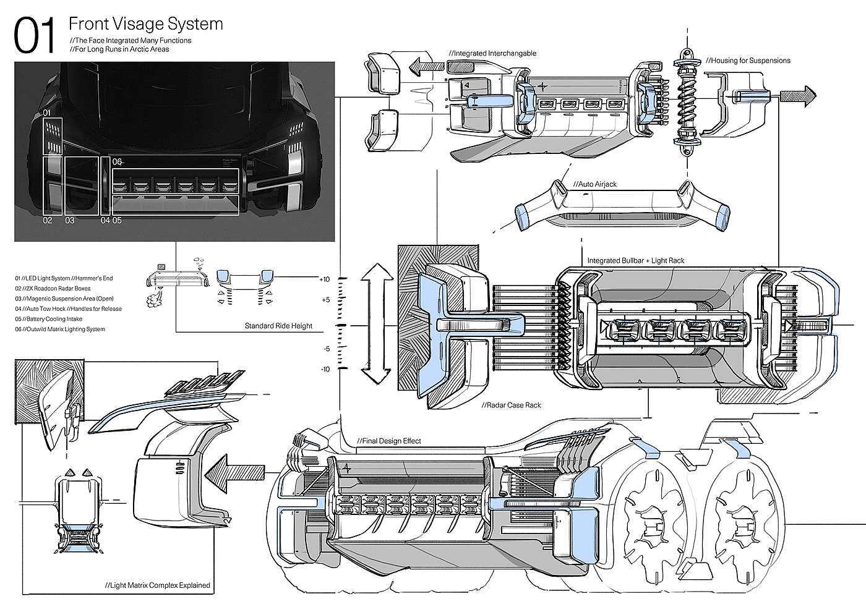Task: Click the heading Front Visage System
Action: (x=145, y=24)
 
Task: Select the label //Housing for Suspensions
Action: (x=748, y=61)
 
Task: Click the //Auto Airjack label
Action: (x=594, y=184)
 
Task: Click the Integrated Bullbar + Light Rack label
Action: (x=635, y=261)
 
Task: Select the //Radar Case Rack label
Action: (x=511, y=406)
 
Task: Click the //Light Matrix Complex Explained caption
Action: (x=157, y=585)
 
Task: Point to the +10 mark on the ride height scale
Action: (x=325, y=279)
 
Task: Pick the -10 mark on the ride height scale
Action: (x=325, y=370)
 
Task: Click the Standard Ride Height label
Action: (x=278, y=326)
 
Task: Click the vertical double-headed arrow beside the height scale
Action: (x=377, y=325)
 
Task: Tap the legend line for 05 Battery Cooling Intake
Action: (x=49, y=319)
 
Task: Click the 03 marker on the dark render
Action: (x=69, y=220)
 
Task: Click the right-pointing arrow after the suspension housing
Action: (x=798, y=95)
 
